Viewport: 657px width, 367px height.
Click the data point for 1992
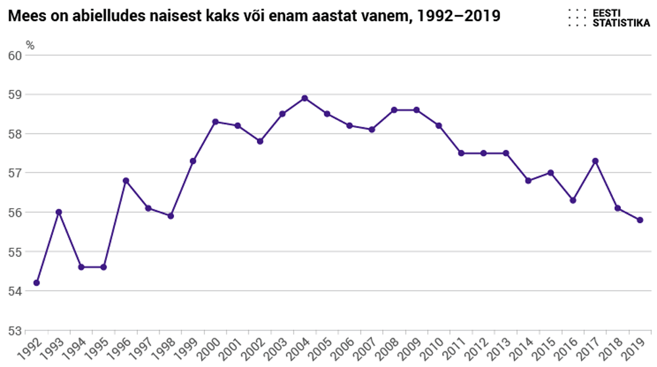37,283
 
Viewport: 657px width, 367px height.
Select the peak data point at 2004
305,98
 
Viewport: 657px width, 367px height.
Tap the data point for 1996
126,181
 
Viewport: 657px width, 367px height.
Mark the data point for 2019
640,220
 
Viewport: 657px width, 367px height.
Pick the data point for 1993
59,212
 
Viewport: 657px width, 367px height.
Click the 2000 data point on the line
215,121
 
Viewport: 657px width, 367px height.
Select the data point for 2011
461,153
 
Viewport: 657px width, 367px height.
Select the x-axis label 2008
388,347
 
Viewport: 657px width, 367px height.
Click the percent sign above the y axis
30,45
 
